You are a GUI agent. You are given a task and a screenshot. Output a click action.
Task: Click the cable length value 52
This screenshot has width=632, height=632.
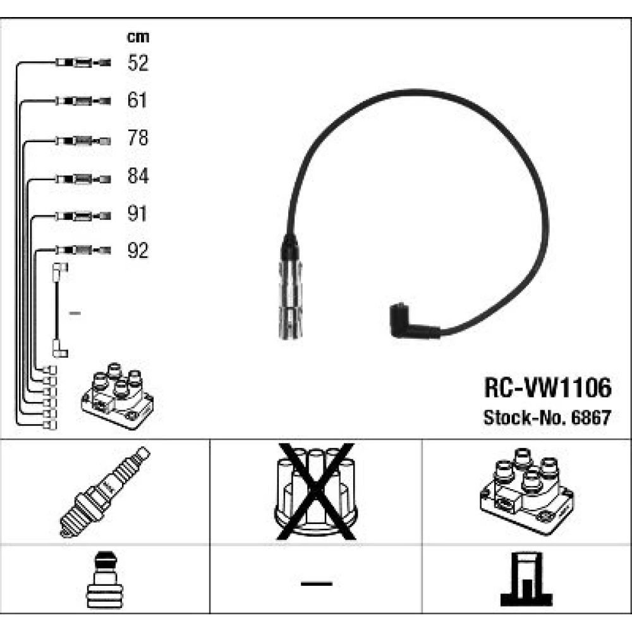coord(137,63)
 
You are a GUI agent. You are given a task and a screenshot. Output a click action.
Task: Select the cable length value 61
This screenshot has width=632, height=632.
coord(137,100)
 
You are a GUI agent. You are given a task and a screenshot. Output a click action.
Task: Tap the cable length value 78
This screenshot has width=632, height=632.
coord(137,138)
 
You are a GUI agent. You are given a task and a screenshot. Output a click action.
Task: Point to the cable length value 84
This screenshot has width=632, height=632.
coord(137,176)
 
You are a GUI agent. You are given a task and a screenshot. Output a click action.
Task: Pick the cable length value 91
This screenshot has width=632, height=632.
coord(137,214)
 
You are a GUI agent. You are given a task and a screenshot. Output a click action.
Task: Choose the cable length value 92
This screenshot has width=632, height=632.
coord(137,251)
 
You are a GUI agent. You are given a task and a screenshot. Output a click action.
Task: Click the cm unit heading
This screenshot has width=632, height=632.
coord(138,37)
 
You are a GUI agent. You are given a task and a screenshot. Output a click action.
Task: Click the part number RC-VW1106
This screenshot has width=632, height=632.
coord(547,389)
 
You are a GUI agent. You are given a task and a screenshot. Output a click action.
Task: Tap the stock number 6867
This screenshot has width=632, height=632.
coord(594,418)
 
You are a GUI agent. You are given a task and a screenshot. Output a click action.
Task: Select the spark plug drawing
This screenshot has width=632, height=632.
coord(105,491)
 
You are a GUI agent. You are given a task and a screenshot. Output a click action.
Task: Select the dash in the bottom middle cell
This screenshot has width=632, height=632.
coord(316,582)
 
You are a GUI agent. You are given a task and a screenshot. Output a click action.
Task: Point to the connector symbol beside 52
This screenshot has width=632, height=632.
coord(82,63)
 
